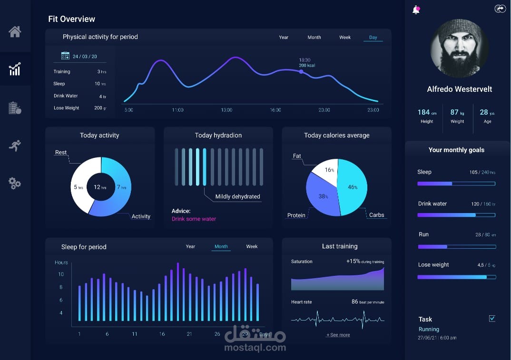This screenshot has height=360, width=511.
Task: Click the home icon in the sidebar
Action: pos(15,32)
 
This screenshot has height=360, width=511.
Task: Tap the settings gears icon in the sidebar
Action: pos(15,183)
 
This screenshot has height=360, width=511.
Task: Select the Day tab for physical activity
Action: pos(373,38)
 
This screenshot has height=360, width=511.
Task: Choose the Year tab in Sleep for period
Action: pos(190,246)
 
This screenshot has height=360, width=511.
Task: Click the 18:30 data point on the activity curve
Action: pos(301,72)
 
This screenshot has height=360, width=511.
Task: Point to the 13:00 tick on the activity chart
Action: pos(226,110)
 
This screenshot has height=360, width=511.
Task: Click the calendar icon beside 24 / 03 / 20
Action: pos(66,56)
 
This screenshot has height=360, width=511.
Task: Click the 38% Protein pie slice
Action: pos(321,196)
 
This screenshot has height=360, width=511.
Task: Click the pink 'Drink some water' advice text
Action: pos(194,219)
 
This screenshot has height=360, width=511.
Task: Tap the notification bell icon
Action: pos(416,10)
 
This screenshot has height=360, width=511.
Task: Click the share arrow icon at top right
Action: pos(500,9)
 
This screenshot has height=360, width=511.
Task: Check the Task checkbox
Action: pos(492,319)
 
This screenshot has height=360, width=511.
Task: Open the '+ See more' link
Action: pos(338,335)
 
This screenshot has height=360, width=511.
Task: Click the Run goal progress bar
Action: pos(456,247)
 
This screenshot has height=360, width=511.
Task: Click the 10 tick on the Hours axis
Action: pos(61,274)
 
